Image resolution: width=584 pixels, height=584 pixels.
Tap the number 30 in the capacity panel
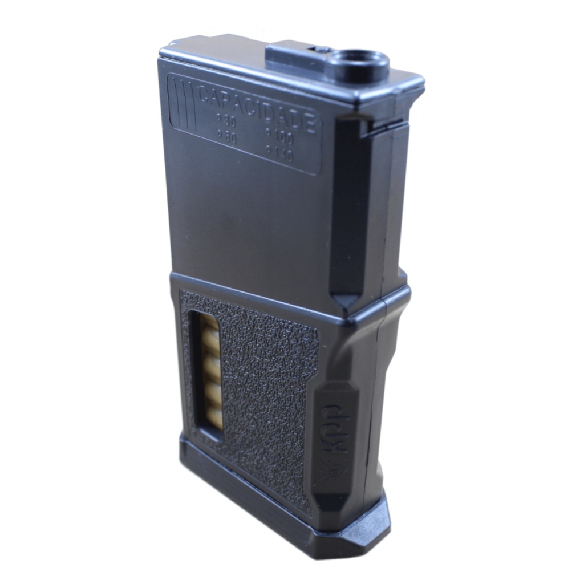point(230,121)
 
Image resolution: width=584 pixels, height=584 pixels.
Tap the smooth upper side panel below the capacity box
point(245,222)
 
